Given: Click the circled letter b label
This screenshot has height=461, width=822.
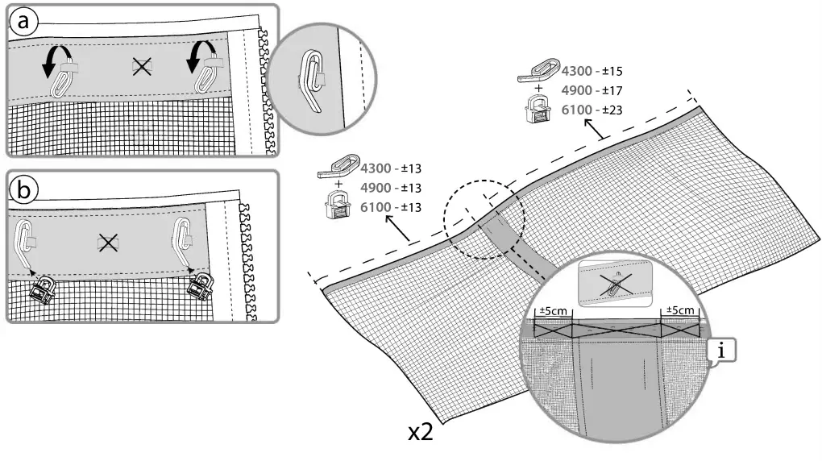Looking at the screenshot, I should pyautogui.click(x=24, y=189).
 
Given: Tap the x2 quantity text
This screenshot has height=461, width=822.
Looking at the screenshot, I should pyautogui.click(x=420, y=432).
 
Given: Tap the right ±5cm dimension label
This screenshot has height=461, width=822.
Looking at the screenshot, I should pyautogui.click(x=679, y=311).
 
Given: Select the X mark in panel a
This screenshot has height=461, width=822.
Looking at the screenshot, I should pyautogui.click(x=142, y=69).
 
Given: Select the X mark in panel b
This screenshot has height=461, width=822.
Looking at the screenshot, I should pyautogui.click(x=107, y=242).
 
